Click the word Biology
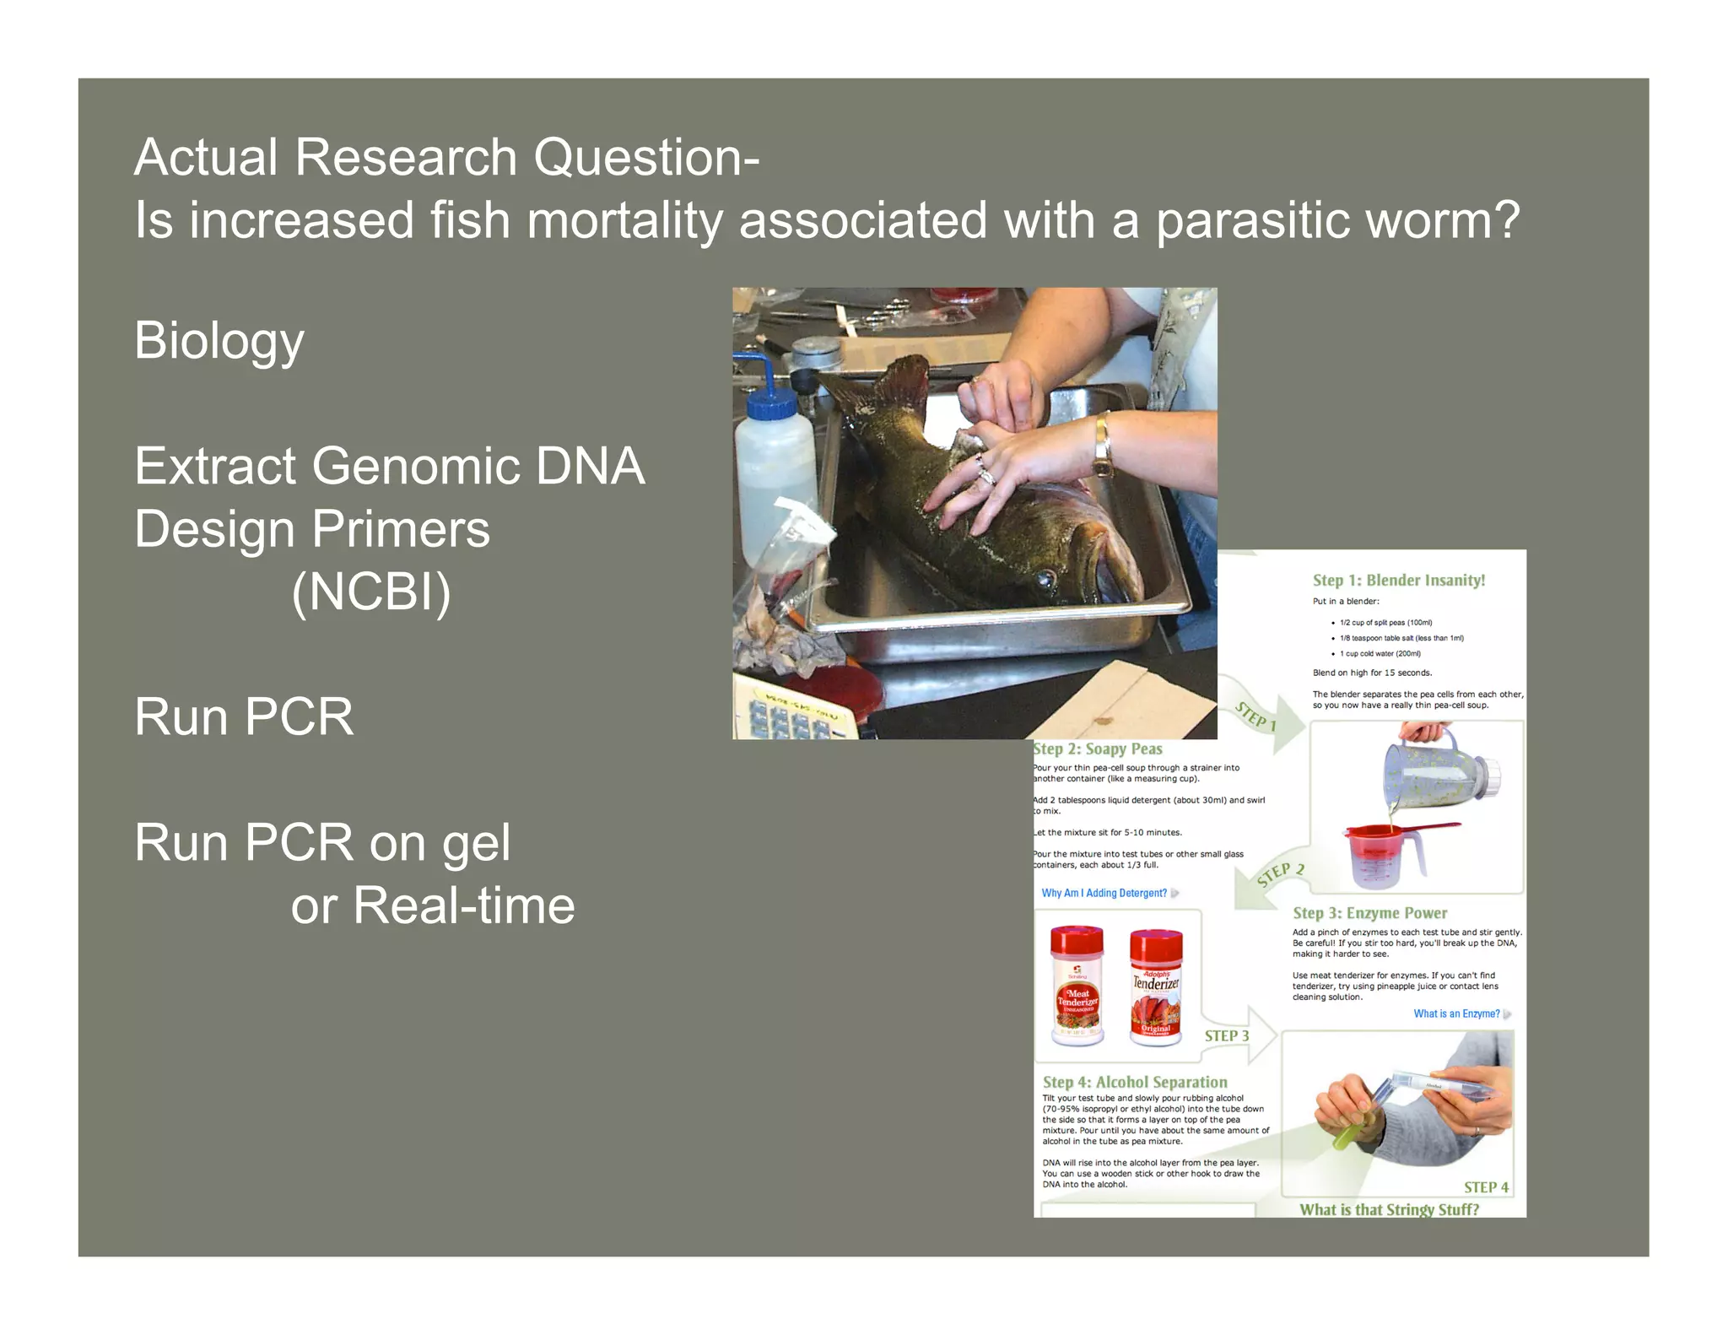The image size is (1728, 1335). pyautogui.click(x=219, y=341)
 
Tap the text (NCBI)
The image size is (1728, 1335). pyautogui.click(x=370, y=592)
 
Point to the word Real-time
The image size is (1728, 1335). pyautogui.click(x=463, y=906)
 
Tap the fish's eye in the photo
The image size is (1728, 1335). pyautogui.click(x=1046, y=578)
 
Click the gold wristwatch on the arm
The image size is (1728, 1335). pyautogui.click(x=1103, y=445)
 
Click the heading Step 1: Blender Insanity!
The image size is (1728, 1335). pyautogui.click(x=1398, y=580)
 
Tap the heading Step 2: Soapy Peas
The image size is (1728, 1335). pyautogui.click(x=1098, y=749)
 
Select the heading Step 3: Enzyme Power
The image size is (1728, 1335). pyautogui.click(x=1369, y=913)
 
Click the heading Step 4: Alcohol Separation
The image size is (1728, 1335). pyautogui.click(x=1135, y=1082)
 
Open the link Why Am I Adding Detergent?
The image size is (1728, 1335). pyautogui.click(x=1104, y=893)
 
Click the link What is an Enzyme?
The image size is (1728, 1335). pyautogui.click(x=1456, y=1013)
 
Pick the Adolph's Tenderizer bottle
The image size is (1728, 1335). pyautogui.click(x=1155, y=987)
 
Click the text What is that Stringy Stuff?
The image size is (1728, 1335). pyautogui.click(x=1389, y=1209)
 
